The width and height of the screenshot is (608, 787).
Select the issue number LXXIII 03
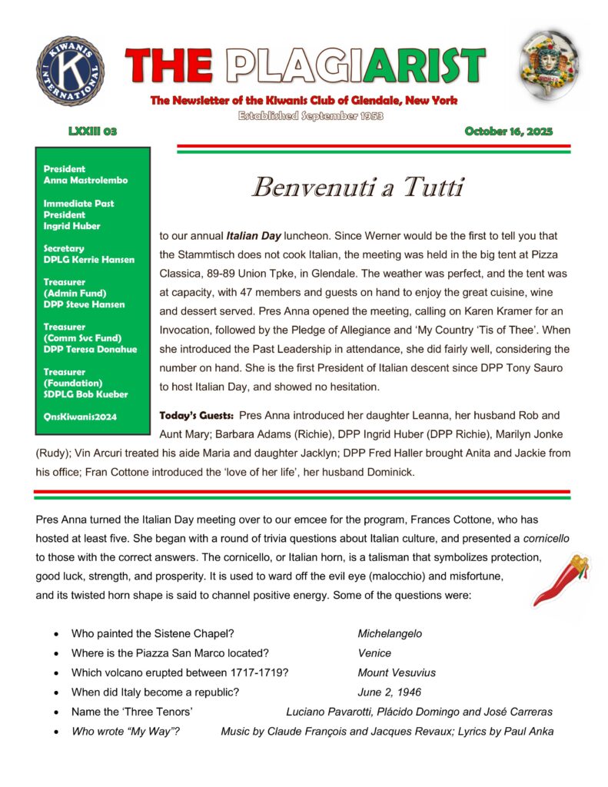click(92, 131)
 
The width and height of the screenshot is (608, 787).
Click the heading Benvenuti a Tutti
click(359, 187)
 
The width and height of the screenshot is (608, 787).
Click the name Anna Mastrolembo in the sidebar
click(85, 180)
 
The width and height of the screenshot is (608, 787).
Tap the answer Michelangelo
click(390, 634)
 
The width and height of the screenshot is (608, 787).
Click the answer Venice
click(374, 653)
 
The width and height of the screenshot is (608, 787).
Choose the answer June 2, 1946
click(389, 692)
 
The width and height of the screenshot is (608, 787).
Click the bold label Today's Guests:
click(196, 415)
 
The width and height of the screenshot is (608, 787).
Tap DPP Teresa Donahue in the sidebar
click(91, 349)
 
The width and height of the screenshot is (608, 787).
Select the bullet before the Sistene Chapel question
click(58, 635)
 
